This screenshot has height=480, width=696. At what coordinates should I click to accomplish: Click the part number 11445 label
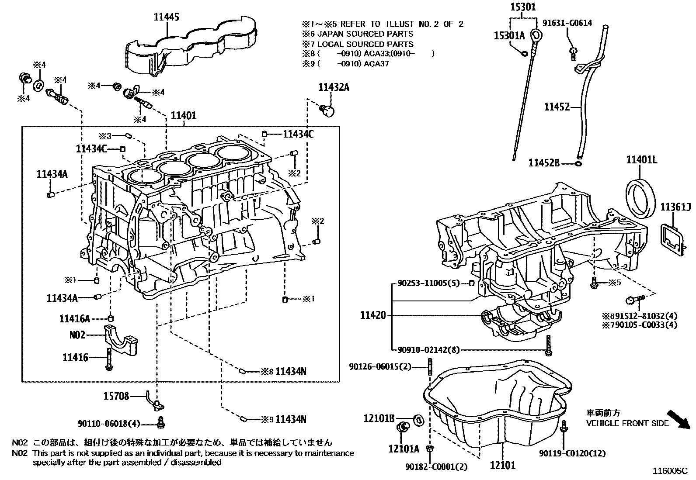[x=166, y=17]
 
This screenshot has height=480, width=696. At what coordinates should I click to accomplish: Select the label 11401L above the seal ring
[x=641, y=160]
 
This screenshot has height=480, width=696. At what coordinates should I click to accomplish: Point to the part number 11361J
[x=675, y=206]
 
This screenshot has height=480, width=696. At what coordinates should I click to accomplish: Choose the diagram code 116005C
[x=670, y=471]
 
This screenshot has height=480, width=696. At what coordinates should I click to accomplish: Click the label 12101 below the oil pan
[x=502, y=466]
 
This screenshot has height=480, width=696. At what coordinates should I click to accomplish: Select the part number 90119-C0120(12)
[x=573, y=453]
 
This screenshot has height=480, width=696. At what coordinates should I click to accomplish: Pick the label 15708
[x=116, y=396]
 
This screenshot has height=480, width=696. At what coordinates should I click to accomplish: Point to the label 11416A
[x=74, y=319]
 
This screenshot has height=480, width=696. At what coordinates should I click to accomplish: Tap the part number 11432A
[x=334, y=87]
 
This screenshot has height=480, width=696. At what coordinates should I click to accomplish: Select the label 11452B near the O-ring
[x=544, y=163]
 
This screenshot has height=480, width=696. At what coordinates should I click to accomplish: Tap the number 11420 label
[x=373, y=315]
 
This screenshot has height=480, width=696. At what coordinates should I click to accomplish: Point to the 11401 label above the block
[x=183, y=116]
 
